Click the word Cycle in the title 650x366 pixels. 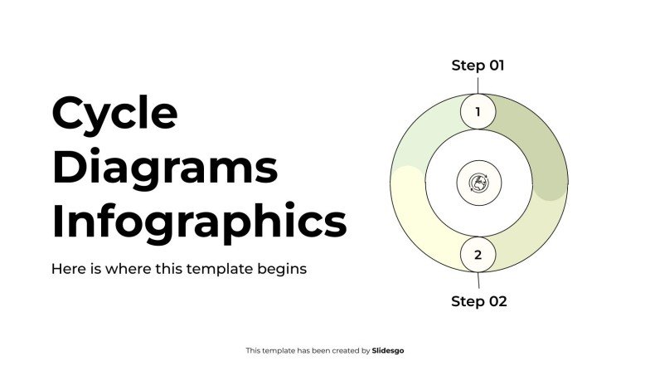click(x=114, y=114)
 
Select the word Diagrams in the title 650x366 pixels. click(x=165, y=168)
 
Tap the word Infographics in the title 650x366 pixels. click(x=199, y=222)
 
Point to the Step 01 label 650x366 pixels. click(x=478, y=65)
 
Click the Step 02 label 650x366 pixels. click(x=478, y=301)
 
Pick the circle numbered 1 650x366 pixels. click(x=478, y=111)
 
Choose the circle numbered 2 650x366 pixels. click(x=478, y=255)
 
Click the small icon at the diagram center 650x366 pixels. click(x=478, y=183)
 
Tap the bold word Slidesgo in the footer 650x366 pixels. click(x=388, y=351)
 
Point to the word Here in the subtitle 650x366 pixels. click(x=66, y=269)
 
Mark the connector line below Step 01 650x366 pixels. click(x=478, y=85)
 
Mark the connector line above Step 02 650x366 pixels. click(x=478, y=281)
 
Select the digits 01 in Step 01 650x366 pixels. click(x=494, y=65)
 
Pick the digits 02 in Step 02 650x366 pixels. click(x=496, y=301)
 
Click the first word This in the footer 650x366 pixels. click(x=253, y=351)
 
